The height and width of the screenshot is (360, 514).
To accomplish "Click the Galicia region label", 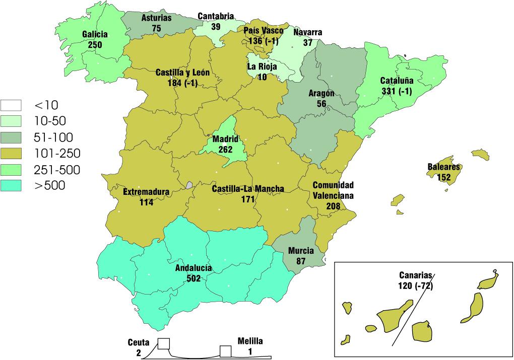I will click(x=95, y=34).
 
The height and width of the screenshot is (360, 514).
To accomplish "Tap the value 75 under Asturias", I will click(x=156, y=28).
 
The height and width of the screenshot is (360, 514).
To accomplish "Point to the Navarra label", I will click(x=307, y=33).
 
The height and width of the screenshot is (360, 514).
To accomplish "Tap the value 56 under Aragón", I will click(x=322, y=104).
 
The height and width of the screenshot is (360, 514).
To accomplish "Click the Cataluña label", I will click(x=397, y=81).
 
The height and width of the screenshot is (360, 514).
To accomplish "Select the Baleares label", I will click(x=444, y=167).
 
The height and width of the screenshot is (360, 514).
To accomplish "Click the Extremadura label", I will click(x=146, y=192).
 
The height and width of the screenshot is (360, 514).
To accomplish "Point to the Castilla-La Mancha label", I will click(x=247, y=189).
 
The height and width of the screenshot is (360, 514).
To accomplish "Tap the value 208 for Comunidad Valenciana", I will click(x=333, y=206).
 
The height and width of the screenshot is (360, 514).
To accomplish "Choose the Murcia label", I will click(x=301, y=251).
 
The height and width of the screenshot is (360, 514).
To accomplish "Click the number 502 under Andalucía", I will click(x=194, y=278).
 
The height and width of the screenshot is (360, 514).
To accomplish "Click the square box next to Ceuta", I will click(x=164, y=343).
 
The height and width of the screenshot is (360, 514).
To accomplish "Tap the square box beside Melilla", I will click(x=225, y=351).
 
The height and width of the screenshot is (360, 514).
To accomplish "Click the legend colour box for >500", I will click(x=14, y=186).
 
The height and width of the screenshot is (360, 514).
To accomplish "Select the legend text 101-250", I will click(x=57, y=153).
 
